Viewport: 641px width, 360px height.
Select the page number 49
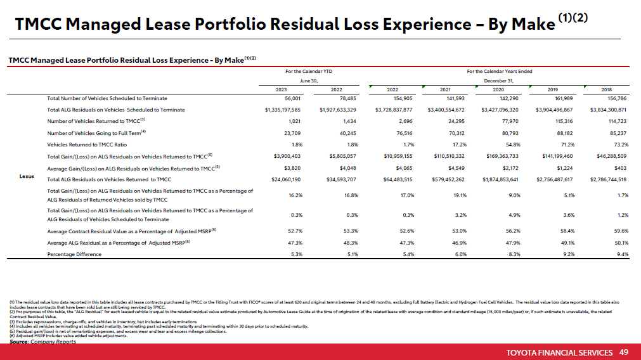pyautogui.click(x=624, y=352)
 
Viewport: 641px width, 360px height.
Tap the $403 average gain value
pyautogui.click(x=620, y=167)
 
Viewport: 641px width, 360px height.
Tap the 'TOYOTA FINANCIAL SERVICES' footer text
pyautogui.click(x=560, y=352)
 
